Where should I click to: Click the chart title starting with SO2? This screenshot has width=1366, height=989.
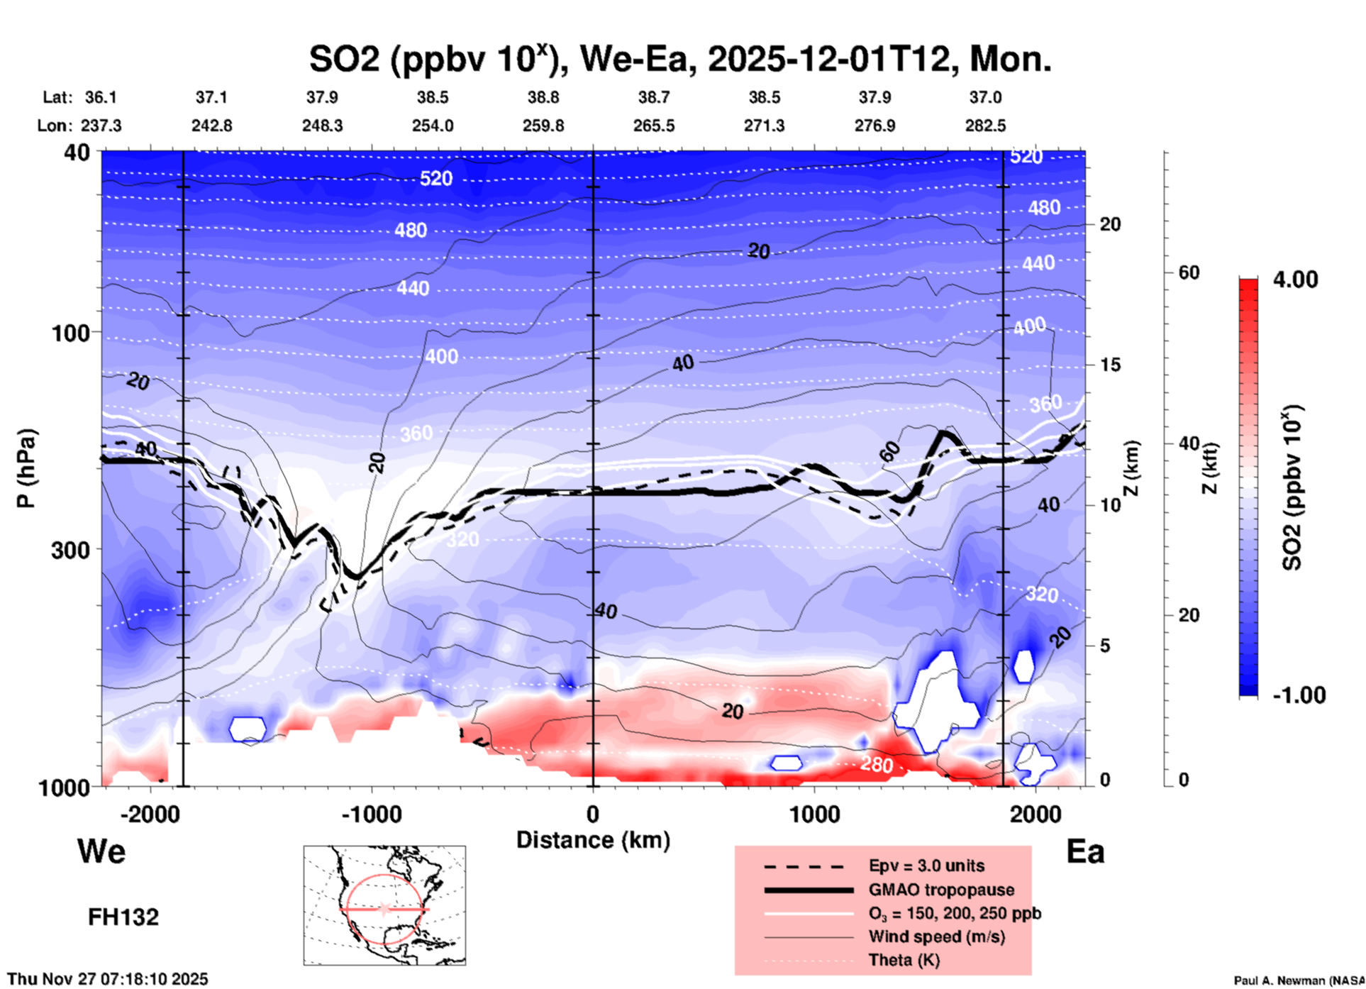coord(679,59)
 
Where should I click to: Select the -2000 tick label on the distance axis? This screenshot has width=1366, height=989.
coord(150,814)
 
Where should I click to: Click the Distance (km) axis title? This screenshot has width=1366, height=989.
coord(593,840)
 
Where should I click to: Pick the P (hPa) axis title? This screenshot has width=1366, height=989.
coord(26,468)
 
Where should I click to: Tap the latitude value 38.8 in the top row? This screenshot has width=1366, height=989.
coord(543,97)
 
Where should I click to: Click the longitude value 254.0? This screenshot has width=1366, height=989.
coord(433,126)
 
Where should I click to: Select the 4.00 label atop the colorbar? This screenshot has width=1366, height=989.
coord(1295,280)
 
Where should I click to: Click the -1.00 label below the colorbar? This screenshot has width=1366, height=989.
coord(1299,695)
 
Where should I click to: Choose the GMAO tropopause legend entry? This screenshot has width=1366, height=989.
coord(941,890)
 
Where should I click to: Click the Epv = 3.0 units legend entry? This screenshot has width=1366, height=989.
coord(926,866)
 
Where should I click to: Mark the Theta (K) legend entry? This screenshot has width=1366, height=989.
coord(904,960)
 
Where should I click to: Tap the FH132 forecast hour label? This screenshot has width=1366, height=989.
coord(123,917)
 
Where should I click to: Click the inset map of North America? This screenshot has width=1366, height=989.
coord(384,905)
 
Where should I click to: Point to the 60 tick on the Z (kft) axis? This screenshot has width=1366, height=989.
coord(1189,272)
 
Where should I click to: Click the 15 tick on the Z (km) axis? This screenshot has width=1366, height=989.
coord(1110,365)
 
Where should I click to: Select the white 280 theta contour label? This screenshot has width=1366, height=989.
coord(877,765)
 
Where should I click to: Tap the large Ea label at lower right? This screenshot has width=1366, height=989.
coord(1085,851)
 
